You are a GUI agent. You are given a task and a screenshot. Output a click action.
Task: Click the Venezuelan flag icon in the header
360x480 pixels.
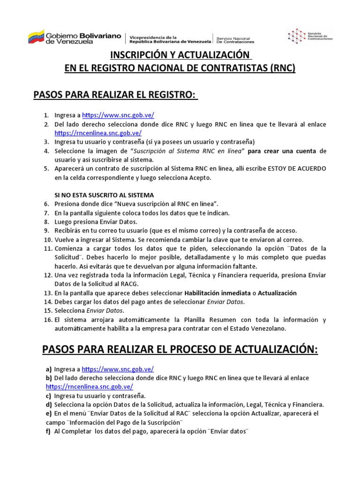[36, 37]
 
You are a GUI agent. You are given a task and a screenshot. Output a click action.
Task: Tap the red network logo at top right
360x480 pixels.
[296, 36]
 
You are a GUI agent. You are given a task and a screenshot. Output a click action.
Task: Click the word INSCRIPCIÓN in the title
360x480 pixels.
[137, 55]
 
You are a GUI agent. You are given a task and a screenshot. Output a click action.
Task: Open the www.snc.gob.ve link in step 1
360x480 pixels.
[118, 115]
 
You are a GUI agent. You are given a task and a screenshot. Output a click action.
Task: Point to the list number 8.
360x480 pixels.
[46, 221]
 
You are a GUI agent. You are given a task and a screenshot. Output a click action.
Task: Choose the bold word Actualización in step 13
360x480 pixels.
[277, 293]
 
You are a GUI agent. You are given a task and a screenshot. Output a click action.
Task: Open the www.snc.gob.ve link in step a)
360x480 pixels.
[118, 369]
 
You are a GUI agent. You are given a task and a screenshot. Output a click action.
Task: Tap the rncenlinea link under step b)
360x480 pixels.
[89, 387]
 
